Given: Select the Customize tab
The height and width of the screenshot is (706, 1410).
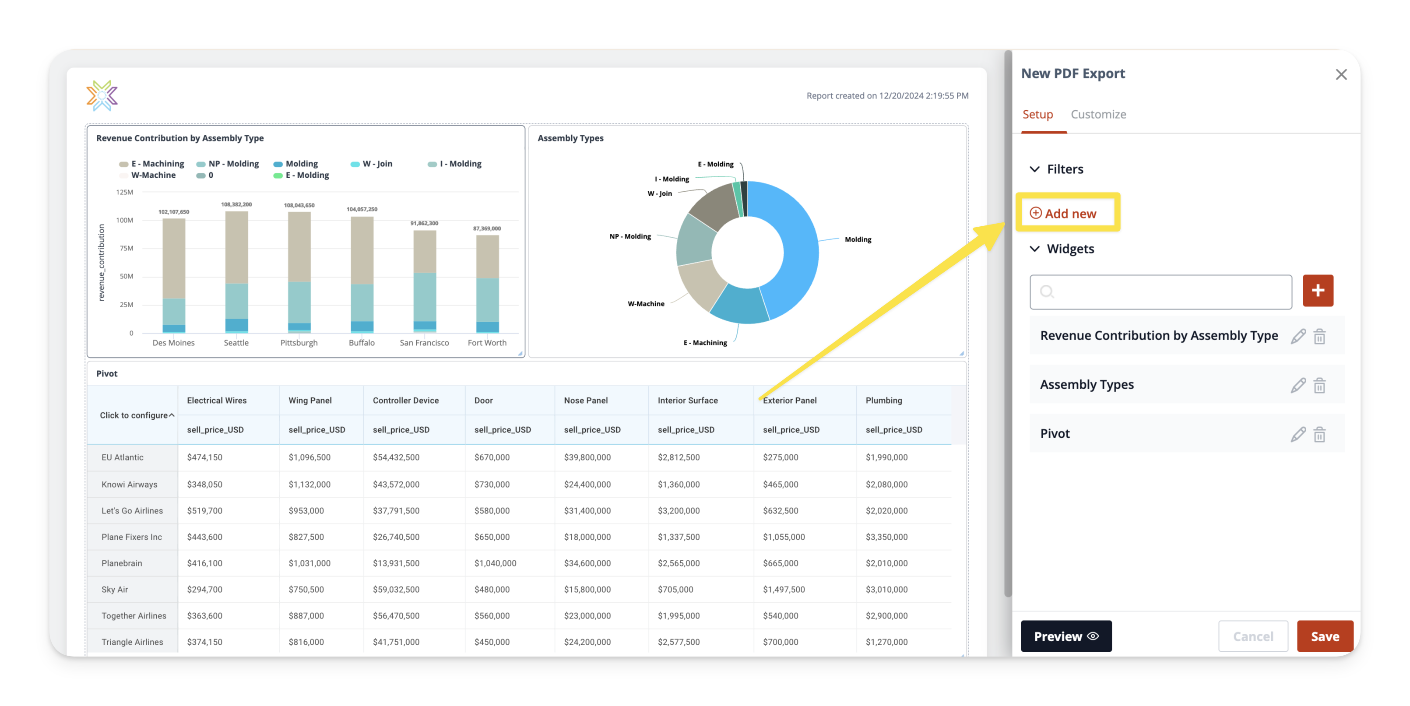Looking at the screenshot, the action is coord(1098,114).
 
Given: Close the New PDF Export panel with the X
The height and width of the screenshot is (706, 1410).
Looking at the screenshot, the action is coord(1340,74).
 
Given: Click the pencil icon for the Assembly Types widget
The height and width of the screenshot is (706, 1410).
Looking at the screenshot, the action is coord(1298,385).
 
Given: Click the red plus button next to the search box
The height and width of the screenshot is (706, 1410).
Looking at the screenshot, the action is coord(1318,291).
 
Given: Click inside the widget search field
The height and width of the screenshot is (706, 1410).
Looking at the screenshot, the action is coord(1160,292).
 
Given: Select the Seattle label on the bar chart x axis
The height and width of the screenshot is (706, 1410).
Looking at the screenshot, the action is coord(236,343).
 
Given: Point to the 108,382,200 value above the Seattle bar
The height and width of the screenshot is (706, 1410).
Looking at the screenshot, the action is coord(236,205).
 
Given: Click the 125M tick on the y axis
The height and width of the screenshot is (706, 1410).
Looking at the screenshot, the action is coord(125,192).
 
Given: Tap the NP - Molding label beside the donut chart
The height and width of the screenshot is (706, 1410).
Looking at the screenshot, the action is coord(630,236).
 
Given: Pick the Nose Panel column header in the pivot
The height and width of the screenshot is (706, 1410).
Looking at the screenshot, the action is coord(586,400).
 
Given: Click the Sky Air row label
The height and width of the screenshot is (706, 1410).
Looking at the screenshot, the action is coord(114,590).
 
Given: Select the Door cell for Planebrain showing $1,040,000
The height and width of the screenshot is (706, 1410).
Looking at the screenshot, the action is coord(495,563).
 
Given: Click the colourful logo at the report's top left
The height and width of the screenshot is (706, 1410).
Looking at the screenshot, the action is coord(102,96).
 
